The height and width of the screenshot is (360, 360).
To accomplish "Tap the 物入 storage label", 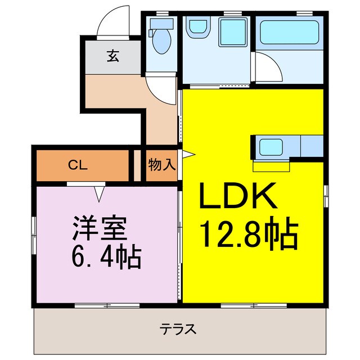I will (163, 165).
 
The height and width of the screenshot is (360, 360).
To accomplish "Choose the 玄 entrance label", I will (112, 56).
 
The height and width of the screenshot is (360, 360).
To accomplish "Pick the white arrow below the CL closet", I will (100, 194).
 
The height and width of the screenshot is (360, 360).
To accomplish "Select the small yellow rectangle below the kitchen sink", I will (271, 166).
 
